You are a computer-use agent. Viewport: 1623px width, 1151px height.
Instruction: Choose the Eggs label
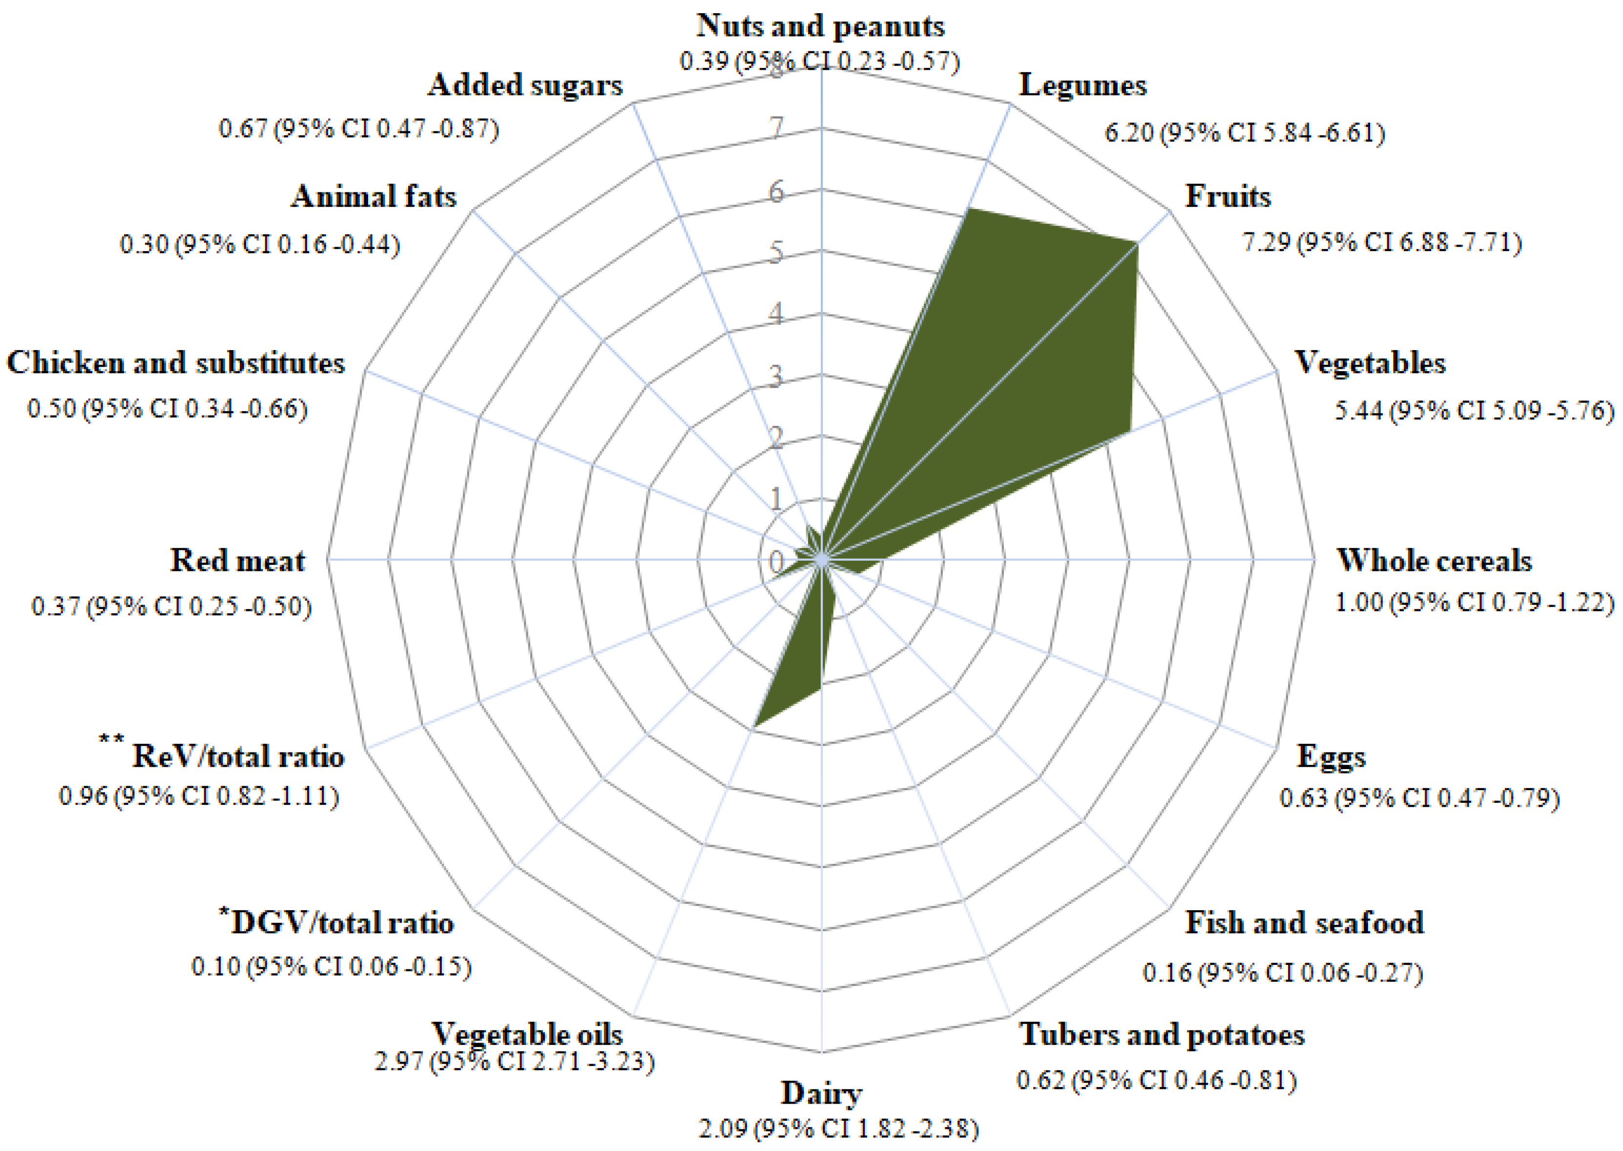pos(1331,756)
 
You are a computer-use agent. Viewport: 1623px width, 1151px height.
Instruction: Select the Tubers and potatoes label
pos(1161,1035)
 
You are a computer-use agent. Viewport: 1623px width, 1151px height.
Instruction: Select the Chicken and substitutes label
pos(175,363)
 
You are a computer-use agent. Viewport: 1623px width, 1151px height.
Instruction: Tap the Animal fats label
pos(374,196)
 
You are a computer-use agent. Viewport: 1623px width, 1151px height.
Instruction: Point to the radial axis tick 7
pos(777,128)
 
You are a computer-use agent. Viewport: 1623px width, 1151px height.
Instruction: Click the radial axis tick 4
pos(777,313)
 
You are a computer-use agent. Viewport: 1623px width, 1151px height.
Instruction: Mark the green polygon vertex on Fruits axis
pos(1137,243)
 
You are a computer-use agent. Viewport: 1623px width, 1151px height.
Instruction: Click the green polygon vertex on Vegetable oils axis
pos(753,727)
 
